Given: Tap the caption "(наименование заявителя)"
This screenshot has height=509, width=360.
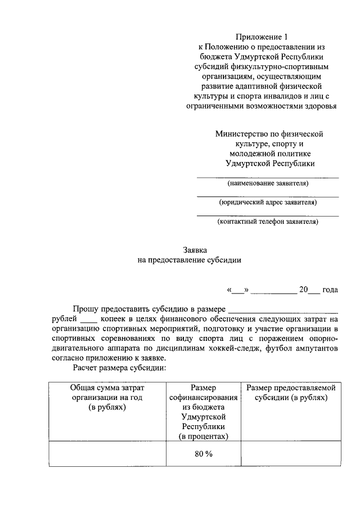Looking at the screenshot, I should [268, 183].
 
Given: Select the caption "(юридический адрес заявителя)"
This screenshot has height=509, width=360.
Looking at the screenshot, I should [268, 202].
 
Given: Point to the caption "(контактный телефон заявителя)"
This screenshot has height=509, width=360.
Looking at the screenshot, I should [268, 222].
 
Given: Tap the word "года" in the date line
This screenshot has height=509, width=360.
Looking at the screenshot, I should [330, 290].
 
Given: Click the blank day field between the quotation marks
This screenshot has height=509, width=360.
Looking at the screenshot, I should [238, 291].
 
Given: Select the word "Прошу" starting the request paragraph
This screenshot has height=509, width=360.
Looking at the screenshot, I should [85, 309].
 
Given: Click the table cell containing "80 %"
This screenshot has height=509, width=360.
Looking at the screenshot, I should [204, 454].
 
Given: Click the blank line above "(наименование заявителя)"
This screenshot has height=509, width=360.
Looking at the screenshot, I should [268, 177].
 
